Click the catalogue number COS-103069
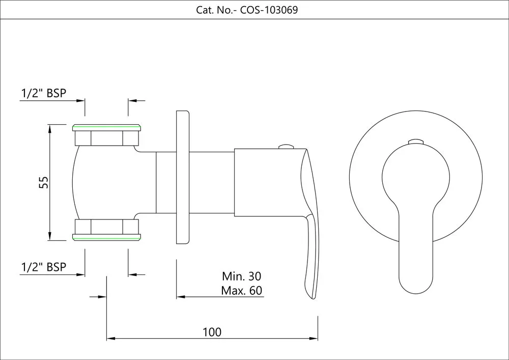269,10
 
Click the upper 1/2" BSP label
44,93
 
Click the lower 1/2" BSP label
44,267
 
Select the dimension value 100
212,332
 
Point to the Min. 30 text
241,276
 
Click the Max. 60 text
241,291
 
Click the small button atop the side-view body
286,147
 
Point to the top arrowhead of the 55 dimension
50,127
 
